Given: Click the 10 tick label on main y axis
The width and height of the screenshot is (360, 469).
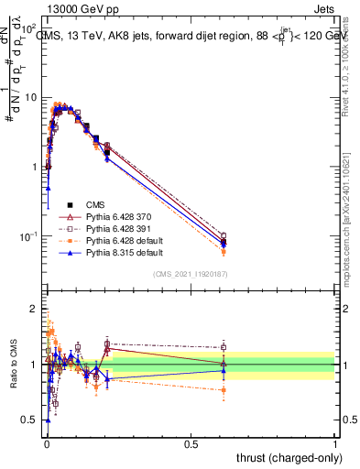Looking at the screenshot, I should click(31, 97).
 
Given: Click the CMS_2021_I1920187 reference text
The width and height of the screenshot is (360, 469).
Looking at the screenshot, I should click(190, 274).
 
